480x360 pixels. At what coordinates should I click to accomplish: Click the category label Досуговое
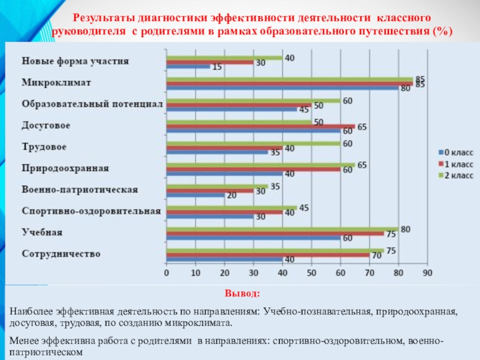46,125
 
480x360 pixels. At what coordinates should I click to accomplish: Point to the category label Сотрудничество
61,254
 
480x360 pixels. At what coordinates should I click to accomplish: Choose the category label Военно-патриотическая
80,190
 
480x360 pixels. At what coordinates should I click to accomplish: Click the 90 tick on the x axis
427,274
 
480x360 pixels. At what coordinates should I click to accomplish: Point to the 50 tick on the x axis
311,274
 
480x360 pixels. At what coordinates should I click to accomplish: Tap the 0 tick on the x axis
166,274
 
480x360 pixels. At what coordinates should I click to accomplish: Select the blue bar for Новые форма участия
188,67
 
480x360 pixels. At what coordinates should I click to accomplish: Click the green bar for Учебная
282,228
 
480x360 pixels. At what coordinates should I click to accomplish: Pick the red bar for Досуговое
260,127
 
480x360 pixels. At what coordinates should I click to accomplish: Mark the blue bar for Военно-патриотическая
195,195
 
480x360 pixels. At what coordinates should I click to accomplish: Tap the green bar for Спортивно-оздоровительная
231,207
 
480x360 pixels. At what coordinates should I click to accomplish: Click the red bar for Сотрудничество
268,255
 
